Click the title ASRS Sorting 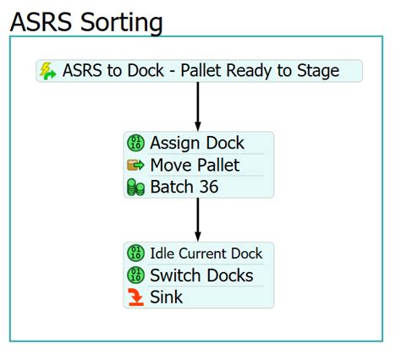click(x=86, y=22)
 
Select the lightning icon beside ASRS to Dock click(x=49, y=71)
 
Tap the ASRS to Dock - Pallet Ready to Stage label click(x=200, y=71)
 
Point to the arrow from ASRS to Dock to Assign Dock click(x=198, y=106)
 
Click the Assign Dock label click(x=196, y=142)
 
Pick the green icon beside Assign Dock click(x=135, y=142)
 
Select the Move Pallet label click(x=195, y=165)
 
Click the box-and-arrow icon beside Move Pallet click(x=135, y=165)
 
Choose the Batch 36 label click(x=184, y=187)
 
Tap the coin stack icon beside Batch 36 click(x=135, y=188)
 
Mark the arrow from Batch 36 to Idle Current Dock click(x=198, y=219)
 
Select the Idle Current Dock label click(x=206, y=253)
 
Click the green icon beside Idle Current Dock click(x=135, y=253)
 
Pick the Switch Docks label click(x=201, y=275)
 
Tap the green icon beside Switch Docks click(x=135, y=275)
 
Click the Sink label click(x=166, y=297)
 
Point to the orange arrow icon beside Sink click(x=135, y=297)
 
